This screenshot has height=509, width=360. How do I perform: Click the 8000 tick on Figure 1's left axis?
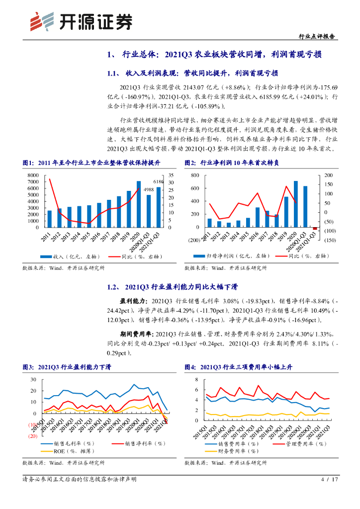point(32,175)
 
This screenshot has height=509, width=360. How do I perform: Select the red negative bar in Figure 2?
point(315,229)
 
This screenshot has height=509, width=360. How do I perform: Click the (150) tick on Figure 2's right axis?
point(329,240)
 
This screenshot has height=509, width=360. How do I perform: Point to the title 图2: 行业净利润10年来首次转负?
point(232,163)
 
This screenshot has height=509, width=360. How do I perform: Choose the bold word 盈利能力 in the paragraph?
point(131,301)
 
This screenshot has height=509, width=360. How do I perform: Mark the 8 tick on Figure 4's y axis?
point(196,379)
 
